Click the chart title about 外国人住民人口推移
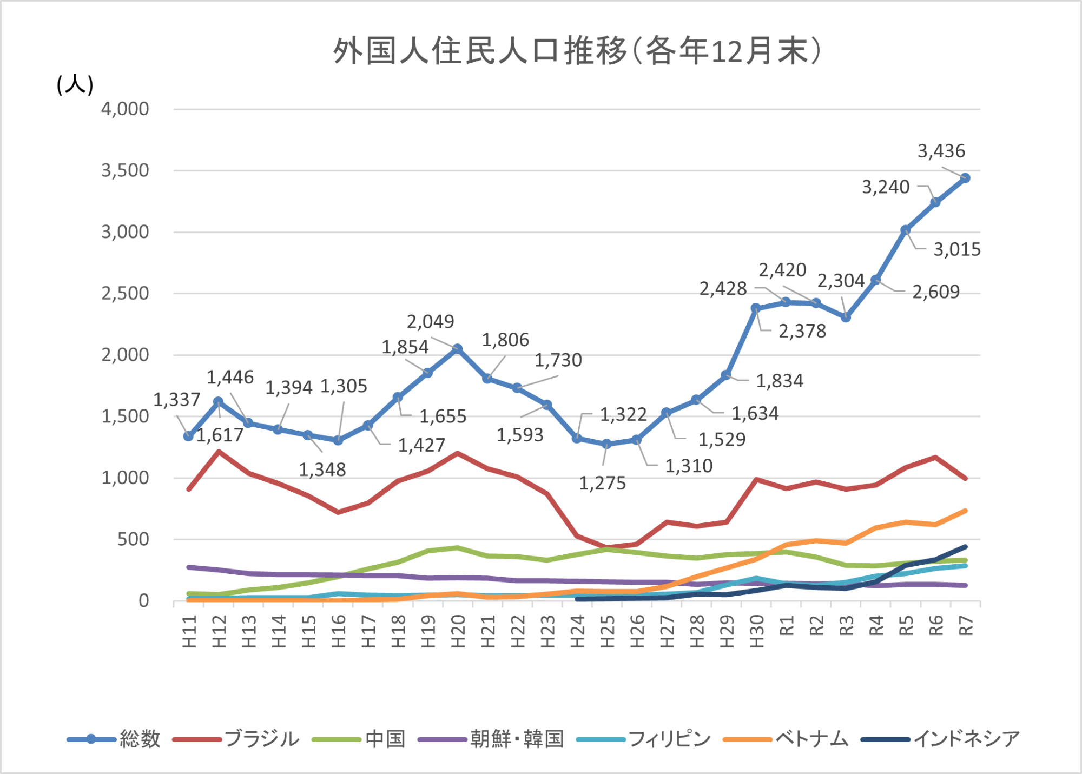(x=577, y=51)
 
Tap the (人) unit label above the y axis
(x=75, y=85)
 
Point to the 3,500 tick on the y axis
(x=125, y=170)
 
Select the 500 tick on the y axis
(x=133, y=539)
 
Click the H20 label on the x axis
(x=458, y=631)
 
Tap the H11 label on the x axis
(x=189, y=631)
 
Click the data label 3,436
(x=941, y=151)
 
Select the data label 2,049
(x=430, y=321)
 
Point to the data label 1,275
(x=602, y=483)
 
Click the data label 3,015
(x=956, y=249)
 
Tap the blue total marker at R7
(x=965, y=178)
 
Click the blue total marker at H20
(x=458, y=349)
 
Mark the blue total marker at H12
(x=219, y=402)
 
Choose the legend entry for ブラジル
(x=261, y=739)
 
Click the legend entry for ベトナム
(x=811, y=739)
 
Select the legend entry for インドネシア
(x=966, y=739)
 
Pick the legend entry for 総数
(x=140, y=739)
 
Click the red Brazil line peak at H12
(x=219, y=451)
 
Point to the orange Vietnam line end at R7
(x=965, y=511)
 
